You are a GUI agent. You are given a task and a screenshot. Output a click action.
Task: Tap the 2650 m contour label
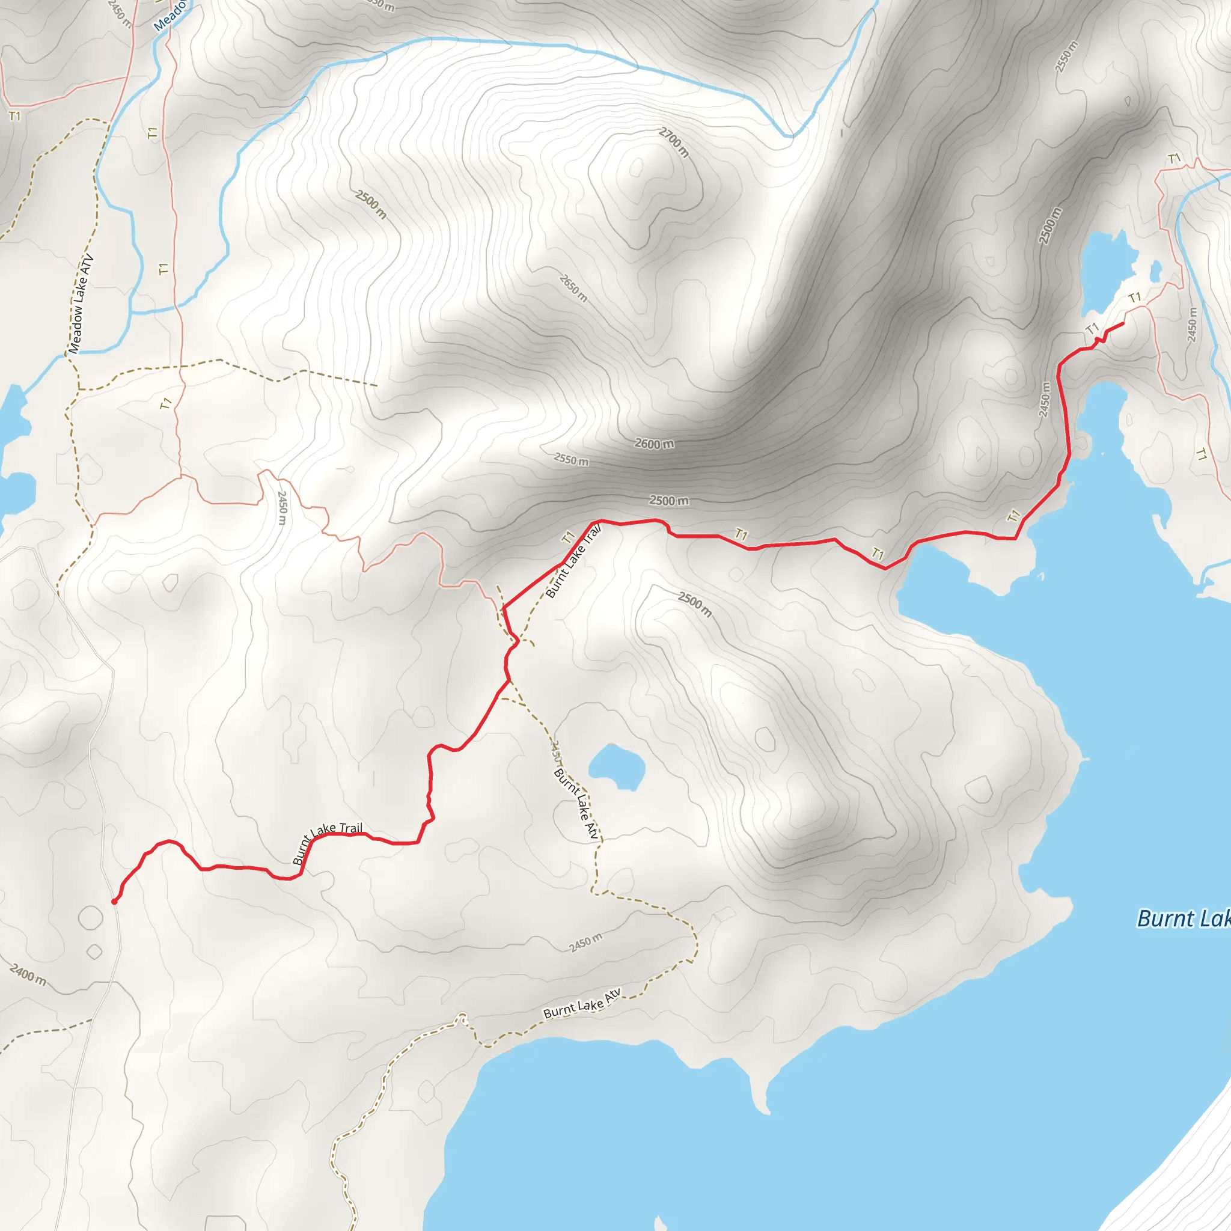coord(573,288)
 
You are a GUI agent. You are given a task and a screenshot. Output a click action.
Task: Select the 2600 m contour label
coord(654,444)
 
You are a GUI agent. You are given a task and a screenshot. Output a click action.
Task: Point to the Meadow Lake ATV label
coord(81,304)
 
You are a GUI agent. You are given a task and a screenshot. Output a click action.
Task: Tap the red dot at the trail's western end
coord(114,902)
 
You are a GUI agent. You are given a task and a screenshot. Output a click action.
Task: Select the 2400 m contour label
coord(28,975)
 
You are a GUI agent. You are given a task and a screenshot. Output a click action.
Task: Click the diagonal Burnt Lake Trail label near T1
coord(573,561)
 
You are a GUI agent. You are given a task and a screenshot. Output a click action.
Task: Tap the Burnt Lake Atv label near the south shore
coord(582,1004)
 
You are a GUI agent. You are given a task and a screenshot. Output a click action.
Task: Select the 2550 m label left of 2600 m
coord(571,459)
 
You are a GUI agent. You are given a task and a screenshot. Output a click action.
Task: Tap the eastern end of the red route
coord(1122,324)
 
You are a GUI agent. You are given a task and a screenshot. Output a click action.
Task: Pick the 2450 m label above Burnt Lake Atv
coord(585,942)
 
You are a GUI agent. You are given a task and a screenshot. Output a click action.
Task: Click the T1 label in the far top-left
coord(14,116)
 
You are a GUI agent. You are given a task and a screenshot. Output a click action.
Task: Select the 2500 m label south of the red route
coord(694,604)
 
